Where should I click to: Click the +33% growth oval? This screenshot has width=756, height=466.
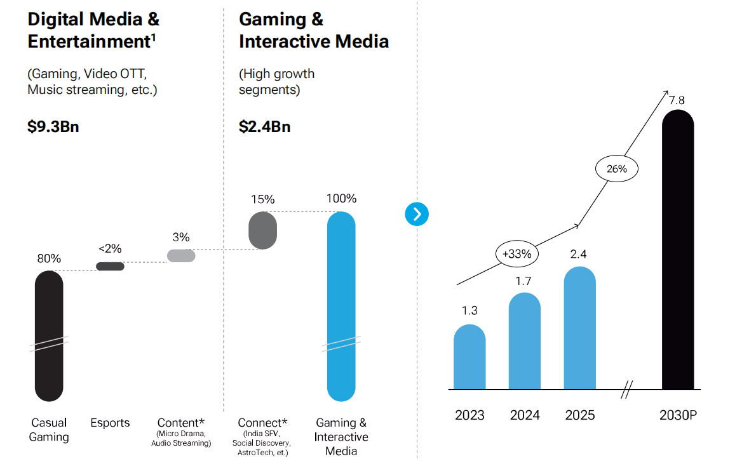[x=517, y=253]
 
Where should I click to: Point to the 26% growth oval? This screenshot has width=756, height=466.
[x=616, y=169]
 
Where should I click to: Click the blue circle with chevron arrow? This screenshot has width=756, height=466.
[x=417, y=214]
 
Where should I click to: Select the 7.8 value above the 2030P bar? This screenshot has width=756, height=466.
[x=677, y=100]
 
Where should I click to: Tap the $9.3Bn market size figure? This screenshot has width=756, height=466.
[x=53, y=126]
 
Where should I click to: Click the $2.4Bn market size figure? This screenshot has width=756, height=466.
[x=265, y=126]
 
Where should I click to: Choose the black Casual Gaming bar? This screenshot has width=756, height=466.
[x=49, y=336]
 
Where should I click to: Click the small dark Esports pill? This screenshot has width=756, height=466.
[x=110, y=266]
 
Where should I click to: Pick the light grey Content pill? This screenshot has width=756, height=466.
[x=181, y=255]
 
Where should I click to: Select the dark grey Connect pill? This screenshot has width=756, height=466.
[x=262, y=230]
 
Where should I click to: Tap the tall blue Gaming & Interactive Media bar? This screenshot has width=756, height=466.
[x=341, y=307]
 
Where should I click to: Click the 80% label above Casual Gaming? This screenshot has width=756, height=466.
[x=49, y=258]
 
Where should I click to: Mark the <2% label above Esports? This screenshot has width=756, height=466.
[x=110, y=248]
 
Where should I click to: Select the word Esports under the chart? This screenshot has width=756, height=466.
[x=110, y=423]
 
